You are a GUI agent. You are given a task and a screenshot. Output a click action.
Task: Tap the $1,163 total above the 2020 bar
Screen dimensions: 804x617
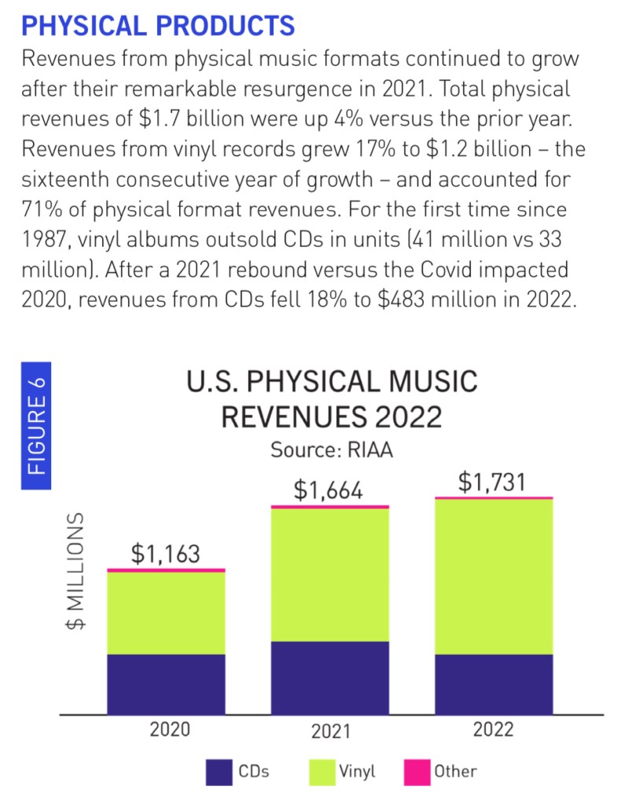coord(165,553)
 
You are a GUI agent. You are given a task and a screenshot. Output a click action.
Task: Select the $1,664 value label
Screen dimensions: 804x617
coord(329,490)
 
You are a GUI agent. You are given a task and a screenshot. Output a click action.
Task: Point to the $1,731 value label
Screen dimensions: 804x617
coord(493,482)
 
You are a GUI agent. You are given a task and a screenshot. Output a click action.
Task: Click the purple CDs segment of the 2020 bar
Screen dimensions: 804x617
coord(166,684)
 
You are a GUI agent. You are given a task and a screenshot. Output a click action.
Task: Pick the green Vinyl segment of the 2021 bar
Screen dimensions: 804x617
coord(329,575)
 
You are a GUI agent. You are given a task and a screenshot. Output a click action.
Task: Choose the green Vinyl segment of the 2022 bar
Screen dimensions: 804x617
coord(493,576)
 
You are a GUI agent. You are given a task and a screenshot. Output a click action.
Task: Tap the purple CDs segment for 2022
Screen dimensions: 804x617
coord(493,684)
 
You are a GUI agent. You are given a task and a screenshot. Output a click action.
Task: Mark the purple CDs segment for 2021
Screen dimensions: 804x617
coord(329,677)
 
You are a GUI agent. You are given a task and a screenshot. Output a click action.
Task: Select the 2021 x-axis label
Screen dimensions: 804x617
coord(330,732)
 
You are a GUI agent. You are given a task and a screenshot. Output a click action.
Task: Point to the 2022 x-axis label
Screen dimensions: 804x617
coord(494,729)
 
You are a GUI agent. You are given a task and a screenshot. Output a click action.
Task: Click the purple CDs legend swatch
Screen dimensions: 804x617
coord(219,771)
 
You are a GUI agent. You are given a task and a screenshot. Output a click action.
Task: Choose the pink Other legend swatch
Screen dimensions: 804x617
coord(416,771)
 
